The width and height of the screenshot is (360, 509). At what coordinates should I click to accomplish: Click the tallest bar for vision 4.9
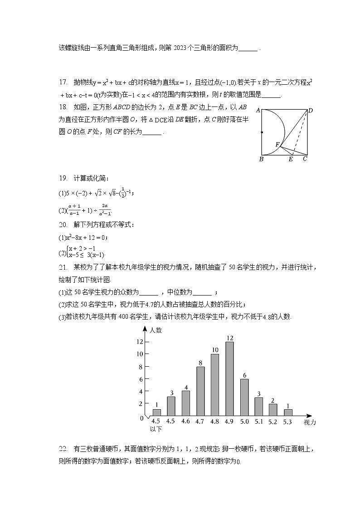229,378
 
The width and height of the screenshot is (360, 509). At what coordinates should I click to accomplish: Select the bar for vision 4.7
200,391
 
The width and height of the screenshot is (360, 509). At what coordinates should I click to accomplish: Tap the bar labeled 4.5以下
156,412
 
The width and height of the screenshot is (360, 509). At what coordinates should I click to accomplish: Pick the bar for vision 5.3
287,412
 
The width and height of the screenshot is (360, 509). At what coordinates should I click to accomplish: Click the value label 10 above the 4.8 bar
215,350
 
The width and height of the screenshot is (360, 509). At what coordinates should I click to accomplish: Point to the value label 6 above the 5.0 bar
244,375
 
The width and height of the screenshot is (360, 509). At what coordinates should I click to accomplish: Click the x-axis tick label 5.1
258,422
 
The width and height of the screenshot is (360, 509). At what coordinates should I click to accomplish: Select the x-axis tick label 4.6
185,422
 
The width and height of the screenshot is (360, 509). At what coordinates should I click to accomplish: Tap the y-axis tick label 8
141,366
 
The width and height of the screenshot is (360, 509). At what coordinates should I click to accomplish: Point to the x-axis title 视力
310,422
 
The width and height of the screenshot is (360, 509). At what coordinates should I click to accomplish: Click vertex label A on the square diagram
258,110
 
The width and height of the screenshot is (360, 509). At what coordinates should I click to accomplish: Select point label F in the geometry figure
277,144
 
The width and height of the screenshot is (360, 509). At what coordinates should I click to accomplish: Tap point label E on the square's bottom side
291,159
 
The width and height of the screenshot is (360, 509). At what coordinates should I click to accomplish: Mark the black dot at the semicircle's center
262,132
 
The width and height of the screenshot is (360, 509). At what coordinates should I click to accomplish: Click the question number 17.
63,82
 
